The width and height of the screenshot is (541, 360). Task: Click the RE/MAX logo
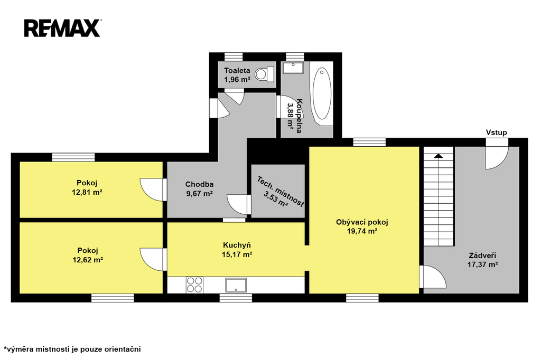(x=62, y=28)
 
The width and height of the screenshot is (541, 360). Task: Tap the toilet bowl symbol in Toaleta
(x=264, y=74)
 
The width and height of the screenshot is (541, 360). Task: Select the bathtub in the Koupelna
(x=321, y=93)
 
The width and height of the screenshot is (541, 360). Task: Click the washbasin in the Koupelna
(x=293, y=68)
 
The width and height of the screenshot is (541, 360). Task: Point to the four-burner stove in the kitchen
(x=194, y=285)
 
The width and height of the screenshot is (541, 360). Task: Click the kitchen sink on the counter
(x=236, y=285)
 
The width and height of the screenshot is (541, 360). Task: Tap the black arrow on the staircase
(x=439, y=156)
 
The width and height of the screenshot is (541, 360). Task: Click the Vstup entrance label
(x=497, y=132)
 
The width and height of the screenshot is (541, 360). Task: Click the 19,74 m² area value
(x=362, y=231)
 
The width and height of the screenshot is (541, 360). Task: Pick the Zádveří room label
(x=482, y=255)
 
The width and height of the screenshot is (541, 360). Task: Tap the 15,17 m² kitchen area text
(x=237, y=254)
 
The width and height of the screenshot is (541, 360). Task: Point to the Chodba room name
(x=199, y=184)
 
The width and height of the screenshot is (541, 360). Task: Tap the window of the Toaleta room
(x=233, y=57)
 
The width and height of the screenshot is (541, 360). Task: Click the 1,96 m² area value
(x=237, y=80)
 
